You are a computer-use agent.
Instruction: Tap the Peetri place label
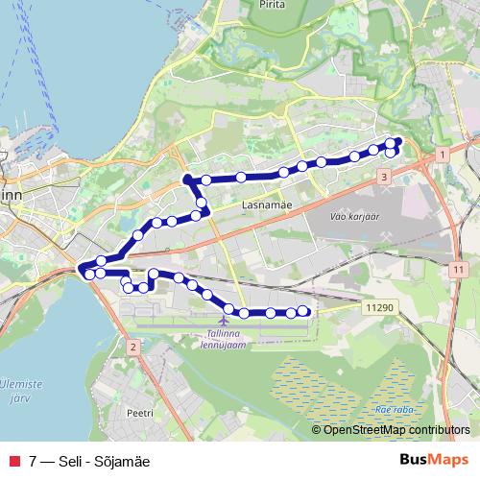[139, 412]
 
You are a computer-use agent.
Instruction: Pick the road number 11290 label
[379, 307]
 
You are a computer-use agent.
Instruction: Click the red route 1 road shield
[440, 154]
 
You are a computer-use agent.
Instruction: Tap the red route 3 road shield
[383, 178]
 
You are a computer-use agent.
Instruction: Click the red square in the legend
[12, 461]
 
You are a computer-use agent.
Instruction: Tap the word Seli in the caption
[72, 461]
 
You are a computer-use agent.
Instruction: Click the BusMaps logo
[434, 460]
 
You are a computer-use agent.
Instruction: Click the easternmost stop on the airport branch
[304, 311]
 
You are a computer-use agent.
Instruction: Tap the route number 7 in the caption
[34, 461]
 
